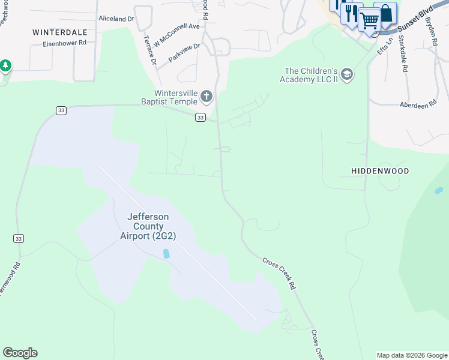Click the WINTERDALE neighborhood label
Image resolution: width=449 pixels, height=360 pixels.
tap(59, 32)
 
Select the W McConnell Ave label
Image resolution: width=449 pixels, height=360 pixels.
tap(176, 35)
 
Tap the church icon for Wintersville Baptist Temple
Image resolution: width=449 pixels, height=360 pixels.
tap(206, 96)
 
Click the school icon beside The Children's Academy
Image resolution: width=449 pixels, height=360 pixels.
tap(346, 74)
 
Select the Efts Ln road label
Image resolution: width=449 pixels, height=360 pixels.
tap(384, 46)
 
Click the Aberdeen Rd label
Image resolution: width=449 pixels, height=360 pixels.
tap(418, 105)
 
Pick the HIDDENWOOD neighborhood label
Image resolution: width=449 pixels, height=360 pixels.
tap(380, 171)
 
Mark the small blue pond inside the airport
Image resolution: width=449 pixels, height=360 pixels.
tap(166, 254)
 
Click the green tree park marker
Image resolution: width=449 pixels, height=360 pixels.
tap(5, 65)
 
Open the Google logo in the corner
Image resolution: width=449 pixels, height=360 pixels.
tap(20, 353)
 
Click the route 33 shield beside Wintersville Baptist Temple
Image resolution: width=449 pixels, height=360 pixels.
tap(200, 118)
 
